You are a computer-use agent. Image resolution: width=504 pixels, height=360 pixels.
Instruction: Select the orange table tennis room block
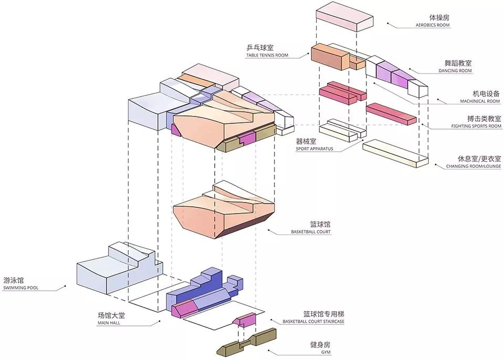(x=331, y=58)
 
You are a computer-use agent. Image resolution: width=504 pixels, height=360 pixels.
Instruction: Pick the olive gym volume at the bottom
(x=247, y=344)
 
